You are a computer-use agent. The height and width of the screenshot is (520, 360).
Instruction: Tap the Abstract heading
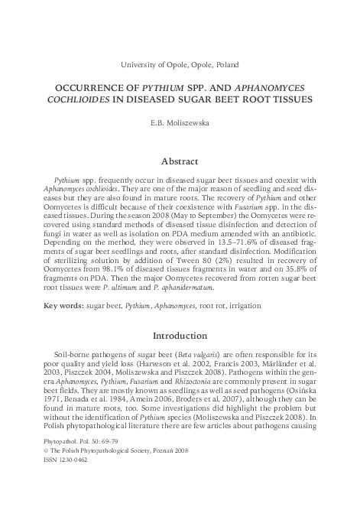coord(180,161)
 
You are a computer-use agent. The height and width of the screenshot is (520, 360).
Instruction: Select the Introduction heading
coord(180,356)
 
